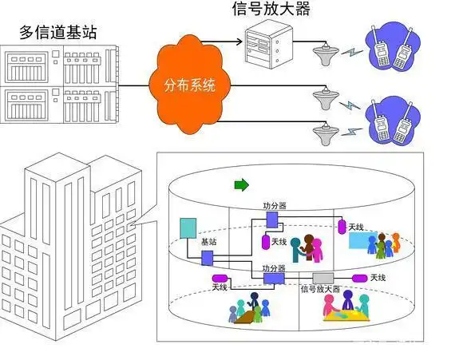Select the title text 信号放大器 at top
point(271,10)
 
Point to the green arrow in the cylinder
point(240,185)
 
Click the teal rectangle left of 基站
point(188,228)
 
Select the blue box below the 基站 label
point(208,257)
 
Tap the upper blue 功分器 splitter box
point(271,218)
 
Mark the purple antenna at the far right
point(358,277)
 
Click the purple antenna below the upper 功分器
point(265,240)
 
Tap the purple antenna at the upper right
point(342,227)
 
